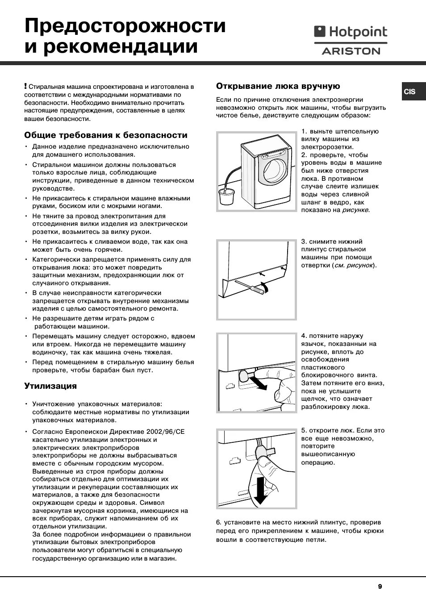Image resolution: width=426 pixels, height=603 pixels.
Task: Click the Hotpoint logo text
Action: pos(357,32)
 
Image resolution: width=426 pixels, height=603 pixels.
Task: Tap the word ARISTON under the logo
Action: pos(351,51)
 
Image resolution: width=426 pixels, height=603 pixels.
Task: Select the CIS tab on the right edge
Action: pos(409,91)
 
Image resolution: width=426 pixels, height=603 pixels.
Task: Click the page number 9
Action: pos(380,586)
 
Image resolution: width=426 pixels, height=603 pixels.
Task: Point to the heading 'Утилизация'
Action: pos(50,386)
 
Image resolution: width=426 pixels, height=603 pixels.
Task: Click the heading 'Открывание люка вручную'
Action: pos(278,86)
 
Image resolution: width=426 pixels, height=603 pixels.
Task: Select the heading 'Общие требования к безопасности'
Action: pos(106,135)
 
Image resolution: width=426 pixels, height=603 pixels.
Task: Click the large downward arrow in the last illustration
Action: pos(260,490)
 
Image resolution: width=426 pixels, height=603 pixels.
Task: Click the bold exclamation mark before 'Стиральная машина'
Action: pos(26,86)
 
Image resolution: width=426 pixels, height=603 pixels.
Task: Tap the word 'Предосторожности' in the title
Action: pos(125,26)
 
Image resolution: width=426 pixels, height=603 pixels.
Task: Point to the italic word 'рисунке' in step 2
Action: pos(355,210)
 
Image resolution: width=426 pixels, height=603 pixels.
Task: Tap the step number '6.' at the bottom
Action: pos(219,522)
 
